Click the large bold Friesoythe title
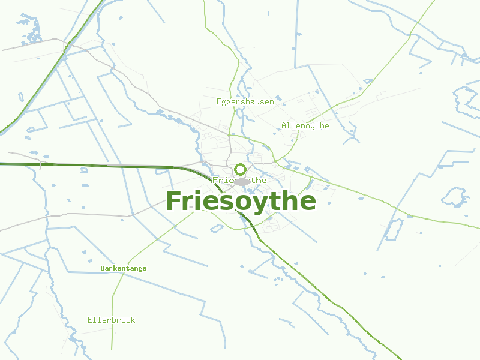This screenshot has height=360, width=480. [241, 201]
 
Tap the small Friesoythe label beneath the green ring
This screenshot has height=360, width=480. [239, 180]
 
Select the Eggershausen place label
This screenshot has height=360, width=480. [245, 102]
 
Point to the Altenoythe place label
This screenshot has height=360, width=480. [305, 126]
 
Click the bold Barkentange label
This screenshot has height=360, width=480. [123, 268]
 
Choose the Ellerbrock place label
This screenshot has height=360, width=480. [111, 320]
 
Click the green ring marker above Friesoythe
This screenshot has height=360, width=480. [240, 169]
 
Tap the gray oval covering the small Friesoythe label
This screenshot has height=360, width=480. [242, 182]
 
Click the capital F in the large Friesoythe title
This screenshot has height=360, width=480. [174, 201]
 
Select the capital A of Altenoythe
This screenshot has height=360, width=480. [284, 126]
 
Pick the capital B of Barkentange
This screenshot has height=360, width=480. [103, 268]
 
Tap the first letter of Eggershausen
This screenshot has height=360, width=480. [219, 102]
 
